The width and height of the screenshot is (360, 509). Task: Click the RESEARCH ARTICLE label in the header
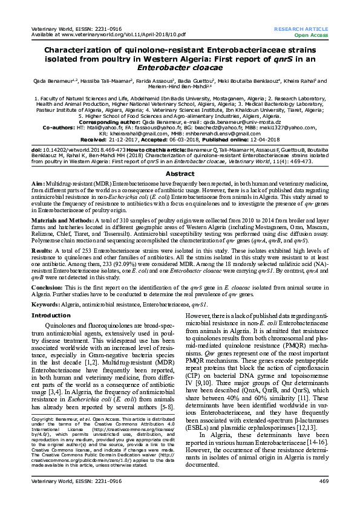(x=301, y=29)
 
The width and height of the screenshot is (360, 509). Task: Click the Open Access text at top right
(x=315, y=35)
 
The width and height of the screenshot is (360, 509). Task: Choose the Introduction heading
(x=51, y=316)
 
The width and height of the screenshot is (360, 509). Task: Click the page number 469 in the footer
(x=323, y=498)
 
